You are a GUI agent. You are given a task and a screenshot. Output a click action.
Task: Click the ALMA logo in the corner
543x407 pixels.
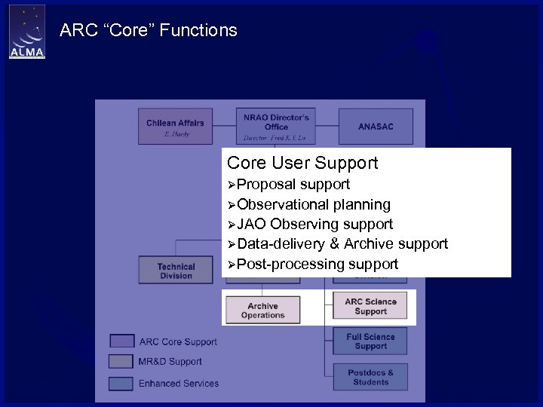pos(26,32)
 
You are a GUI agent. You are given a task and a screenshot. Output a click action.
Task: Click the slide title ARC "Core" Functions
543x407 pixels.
pos(148,31)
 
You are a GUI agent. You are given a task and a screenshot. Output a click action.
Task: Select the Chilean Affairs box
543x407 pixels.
pos(175,127)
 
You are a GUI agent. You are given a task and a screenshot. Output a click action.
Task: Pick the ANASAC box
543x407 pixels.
pos(376,127)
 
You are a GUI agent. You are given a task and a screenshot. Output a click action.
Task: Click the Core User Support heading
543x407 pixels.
pos(302,163)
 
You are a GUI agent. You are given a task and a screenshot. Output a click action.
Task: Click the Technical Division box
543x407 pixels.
pos(176,271)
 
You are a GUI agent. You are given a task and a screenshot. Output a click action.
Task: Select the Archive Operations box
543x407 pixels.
pos(262,310)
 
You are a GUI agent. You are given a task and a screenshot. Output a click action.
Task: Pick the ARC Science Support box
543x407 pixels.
pos(370,307)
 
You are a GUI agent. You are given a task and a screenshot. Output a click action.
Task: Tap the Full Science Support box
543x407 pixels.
pos(370,341)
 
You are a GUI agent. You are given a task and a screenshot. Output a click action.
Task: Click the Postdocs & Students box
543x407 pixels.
pos(370,377)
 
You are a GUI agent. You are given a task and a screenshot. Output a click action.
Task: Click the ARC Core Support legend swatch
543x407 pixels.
pos(121,341)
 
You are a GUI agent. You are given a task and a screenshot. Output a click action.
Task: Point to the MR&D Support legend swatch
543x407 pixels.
pos(121,362)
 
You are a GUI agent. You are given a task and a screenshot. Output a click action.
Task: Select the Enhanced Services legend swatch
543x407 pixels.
pos(121,383)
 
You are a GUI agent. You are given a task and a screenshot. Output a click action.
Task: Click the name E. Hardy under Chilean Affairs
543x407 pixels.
pos(176,134)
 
